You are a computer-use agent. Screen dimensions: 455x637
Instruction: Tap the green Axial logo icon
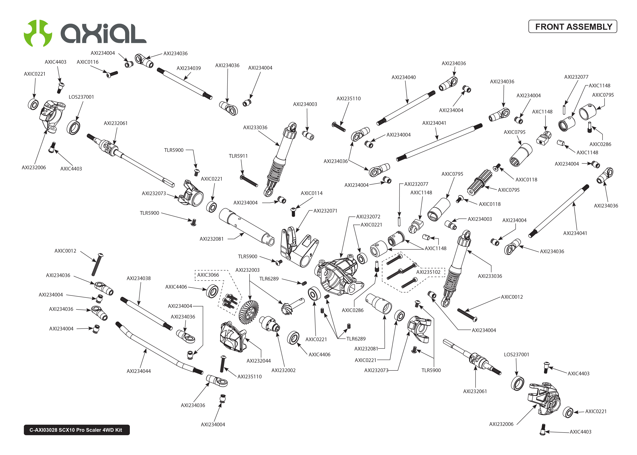[38, 33]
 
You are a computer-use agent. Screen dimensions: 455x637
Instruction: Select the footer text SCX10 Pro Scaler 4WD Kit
[76, 430]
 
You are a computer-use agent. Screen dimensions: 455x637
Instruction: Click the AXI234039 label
[188, 68]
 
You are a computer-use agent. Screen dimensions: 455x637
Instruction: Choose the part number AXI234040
[403, 77]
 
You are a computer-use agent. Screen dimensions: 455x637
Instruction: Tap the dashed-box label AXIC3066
[208, 275]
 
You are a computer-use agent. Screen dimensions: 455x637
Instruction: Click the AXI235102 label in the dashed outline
[428, 272]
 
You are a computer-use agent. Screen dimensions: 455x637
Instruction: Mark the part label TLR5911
[238, 156]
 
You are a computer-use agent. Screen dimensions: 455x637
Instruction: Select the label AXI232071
[325, 211]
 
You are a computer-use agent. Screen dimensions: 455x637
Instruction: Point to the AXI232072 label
[368, 217]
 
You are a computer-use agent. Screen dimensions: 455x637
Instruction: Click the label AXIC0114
[311, 193]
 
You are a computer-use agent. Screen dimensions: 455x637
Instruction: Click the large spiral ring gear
[249, 312]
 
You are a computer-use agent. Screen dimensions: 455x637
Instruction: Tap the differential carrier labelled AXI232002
[269, 324]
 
